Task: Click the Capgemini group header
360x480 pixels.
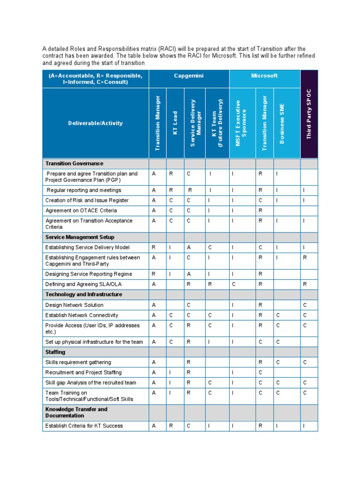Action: coord(189,75)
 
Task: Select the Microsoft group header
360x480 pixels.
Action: coord(264,75)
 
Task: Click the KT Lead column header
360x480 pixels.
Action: coord(175,123)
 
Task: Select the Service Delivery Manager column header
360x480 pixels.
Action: coord(195,123)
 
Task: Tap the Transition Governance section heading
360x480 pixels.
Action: coord(74,164)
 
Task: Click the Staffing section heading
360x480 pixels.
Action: coord(55,352)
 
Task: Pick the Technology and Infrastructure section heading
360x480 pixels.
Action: coord(83,294)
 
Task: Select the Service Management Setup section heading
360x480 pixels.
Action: coord(80,237)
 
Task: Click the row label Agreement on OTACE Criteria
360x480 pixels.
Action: coord(81,210)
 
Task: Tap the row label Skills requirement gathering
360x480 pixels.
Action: coord(78,362)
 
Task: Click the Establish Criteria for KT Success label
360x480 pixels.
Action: coord(84,426)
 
